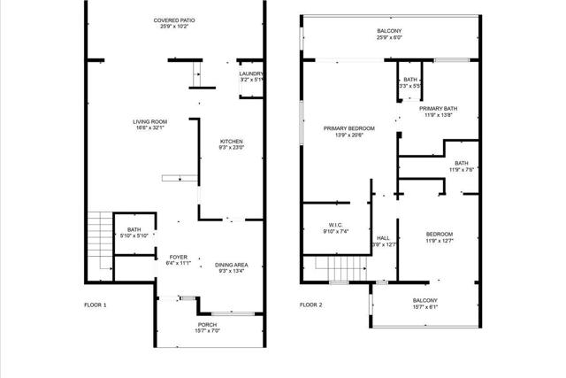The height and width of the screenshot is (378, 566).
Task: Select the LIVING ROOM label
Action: click(149, 125)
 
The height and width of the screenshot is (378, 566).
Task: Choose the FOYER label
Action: click(178, 259)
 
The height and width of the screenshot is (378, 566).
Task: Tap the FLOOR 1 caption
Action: click(96, 305)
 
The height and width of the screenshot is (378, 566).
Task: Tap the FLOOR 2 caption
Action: click(310, 305)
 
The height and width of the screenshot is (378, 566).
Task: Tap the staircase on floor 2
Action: click(337, 266)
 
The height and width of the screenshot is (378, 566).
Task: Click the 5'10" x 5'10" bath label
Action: click(134, 233)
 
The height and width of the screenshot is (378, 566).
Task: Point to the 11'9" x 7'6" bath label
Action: click(461, 166)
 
